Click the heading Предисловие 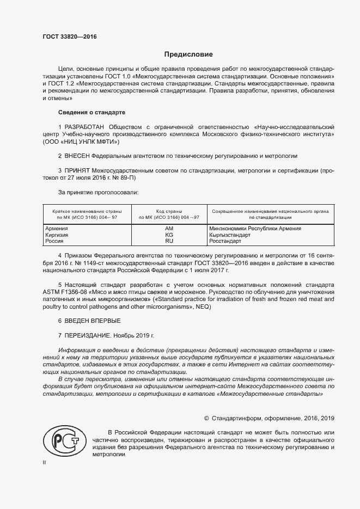tap(189, 54)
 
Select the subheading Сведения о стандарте tap(91, 112)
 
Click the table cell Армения tap(56, 229)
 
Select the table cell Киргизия tap(57, 235)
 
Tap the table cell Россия tap(54, 241)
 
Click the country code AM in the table tap(169, 229)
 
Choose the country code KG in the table tap(169, 235)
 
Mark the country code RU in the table tap(169, 241)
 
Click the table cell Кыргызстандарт tap(229, 235)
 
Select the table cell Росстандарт tap(225, 241)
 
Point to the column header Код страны tap(169, 211)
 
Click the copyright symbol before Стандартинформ tap(206, 418)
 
